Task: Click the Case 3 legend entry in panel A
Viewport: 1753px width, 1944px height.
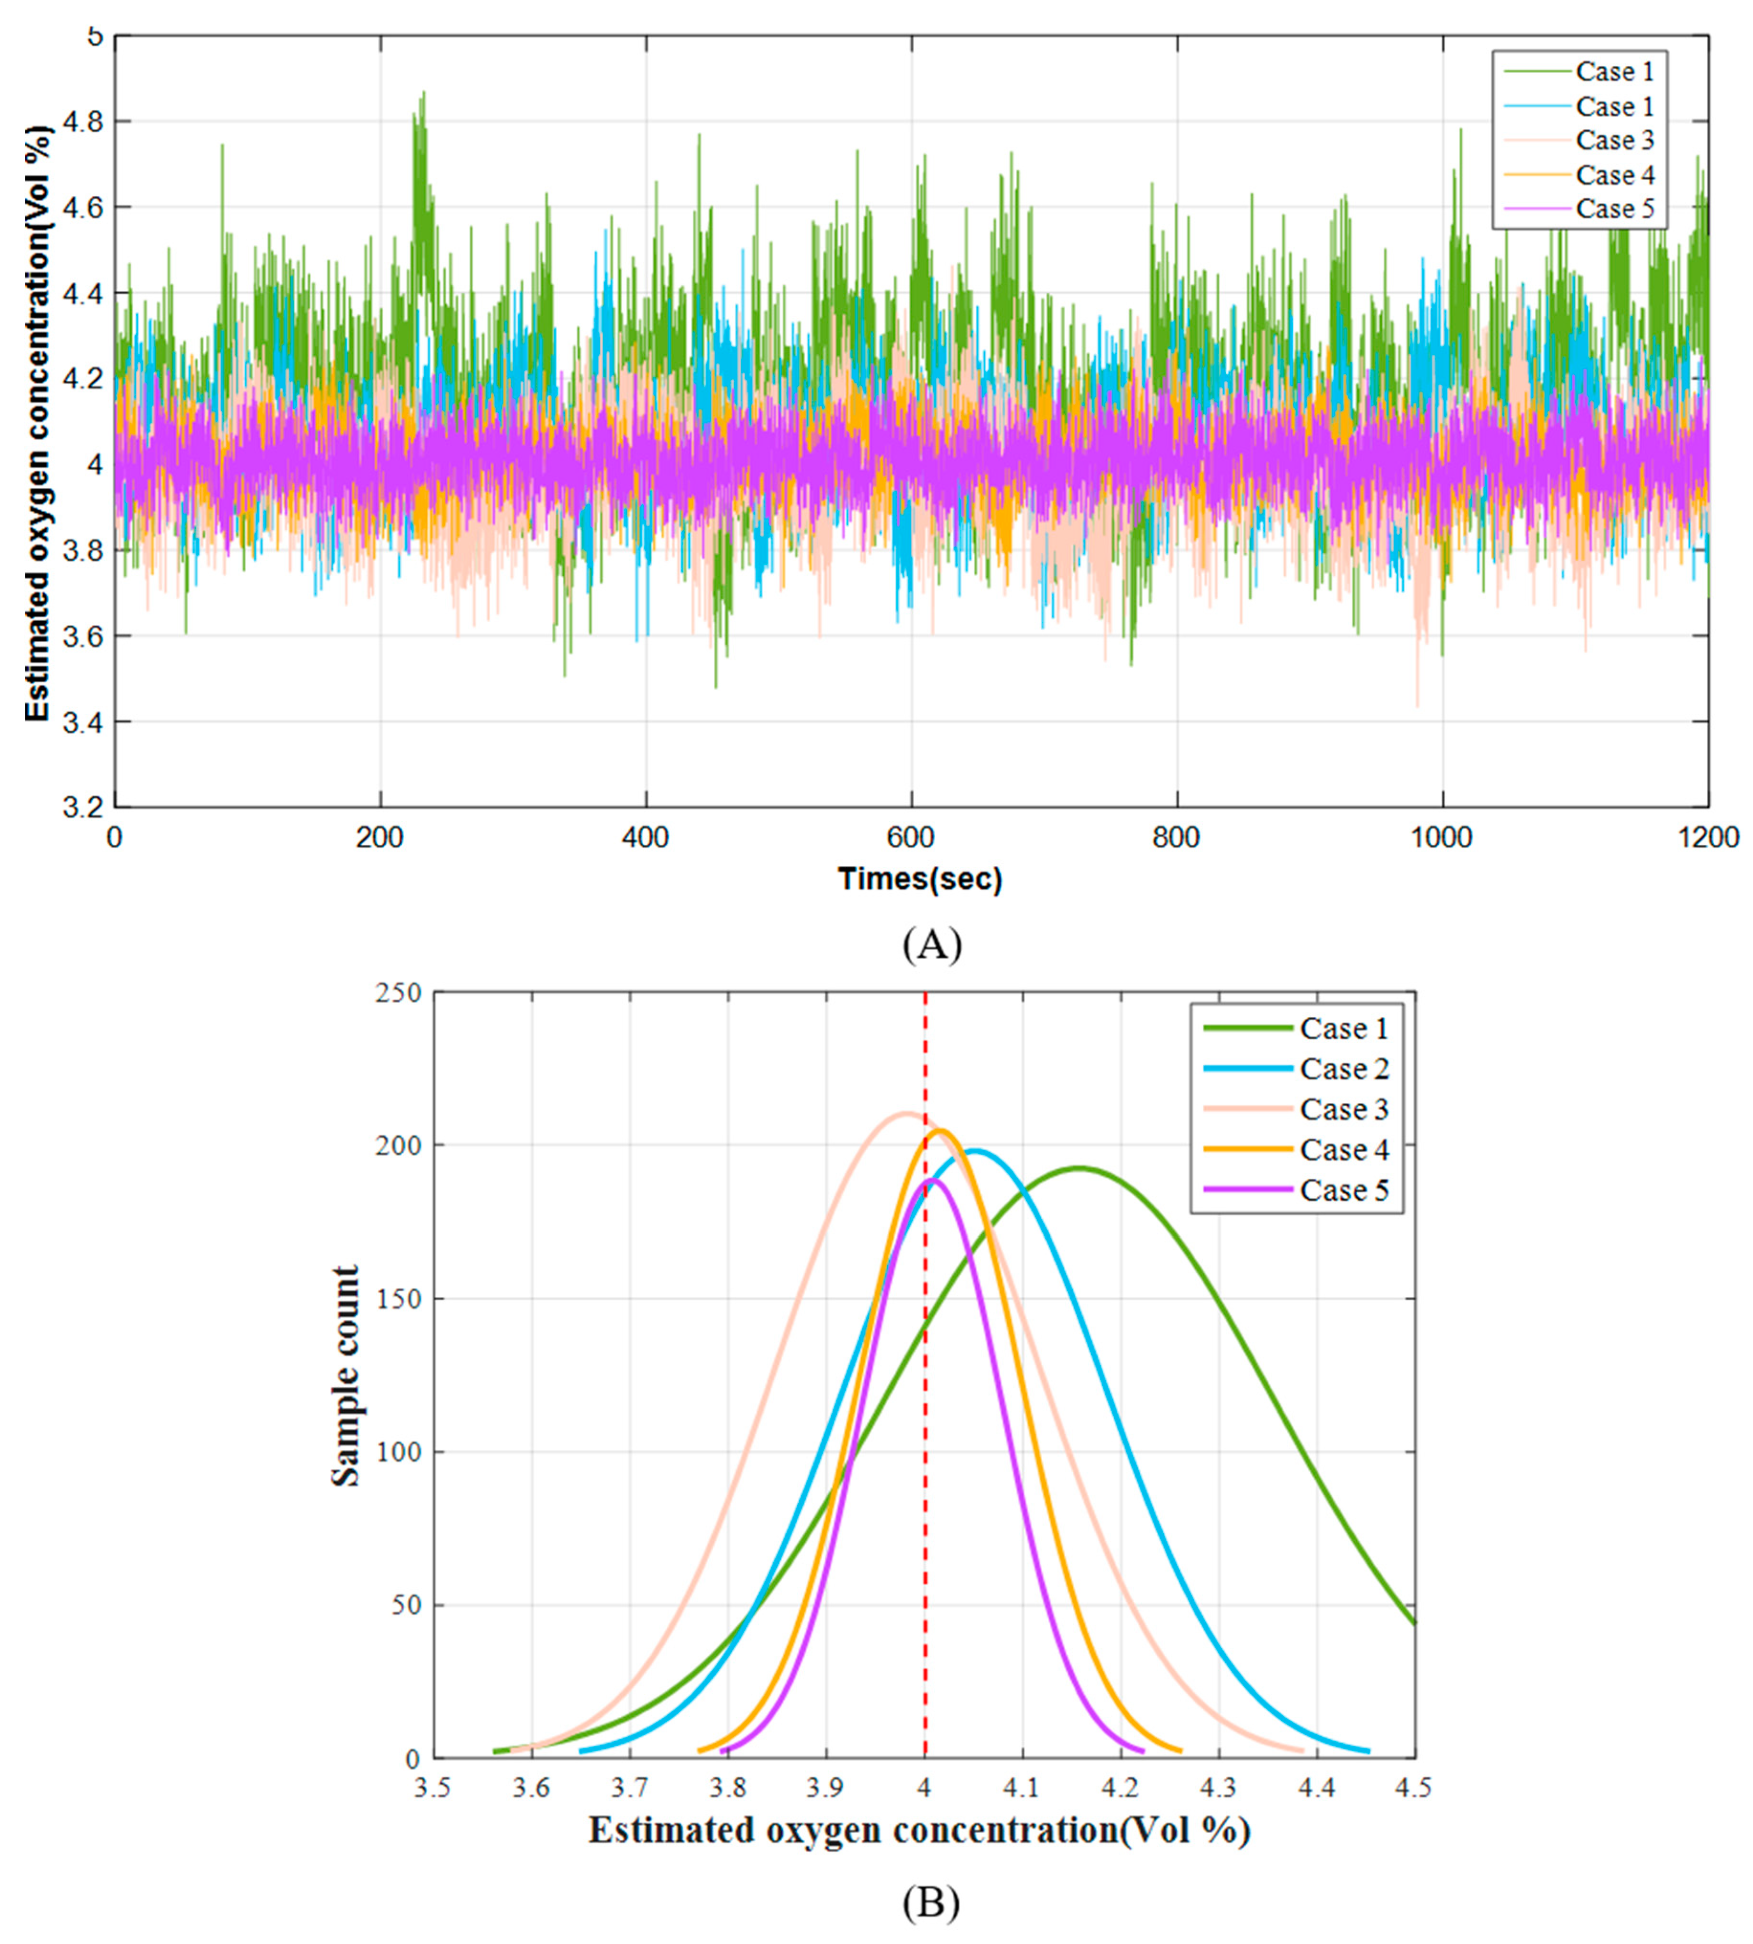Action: pos(1614,141)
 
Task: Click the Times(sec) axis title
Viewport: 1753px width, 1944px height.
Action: pos(920,879)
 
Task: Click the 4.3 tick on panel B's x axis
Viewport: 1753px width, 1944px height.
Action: pos(1219,1788)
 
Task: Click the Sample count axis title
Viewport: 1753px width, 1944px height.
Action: pos(345,1377)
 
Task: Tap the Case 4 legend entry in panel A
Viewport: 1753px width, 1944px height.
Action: pos(1614,175)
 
